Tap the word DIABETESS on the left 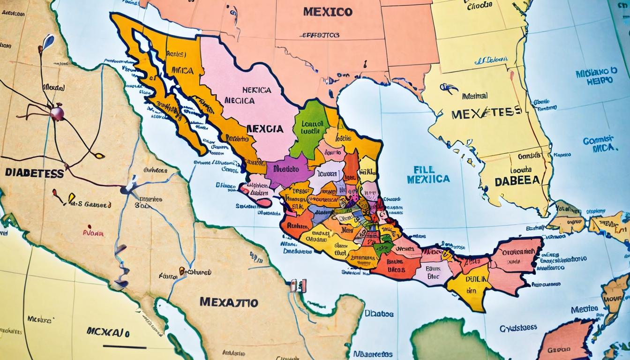(34, 173)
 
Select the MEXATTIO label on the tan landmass (229, 302)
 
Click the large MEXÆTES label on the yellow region (486, 112)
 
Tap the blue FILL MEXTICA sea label (428, 174)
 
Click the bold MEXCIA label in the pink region (264, 128)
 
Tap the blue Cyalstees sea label (518, 328)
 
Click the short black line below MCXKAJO (124, 347)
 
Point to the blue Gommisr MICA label (598, 144)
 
